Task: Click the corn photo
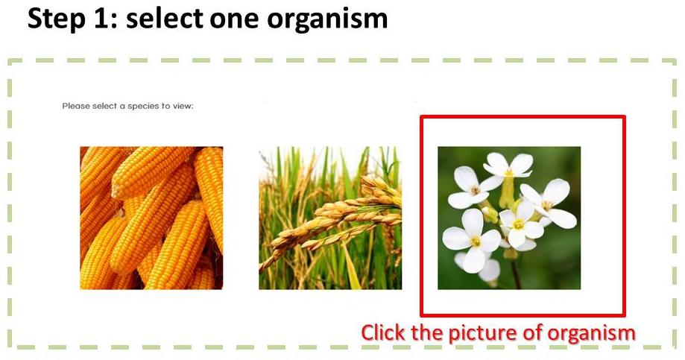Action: [x=151, y=218]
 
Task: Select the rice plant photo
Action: [x=330, y=218]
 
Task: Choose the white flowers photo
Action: [x=509, y=218]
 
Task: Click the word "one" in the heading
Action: [x=235, y=20]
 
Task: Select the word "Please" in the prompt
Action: [x=76, y=106]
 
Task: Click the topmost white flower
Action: [x=508, y=165]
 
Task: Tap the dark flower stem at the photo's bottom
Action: [x=516, y=274]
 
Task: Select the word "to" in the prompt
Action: [x=165, y=106]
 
